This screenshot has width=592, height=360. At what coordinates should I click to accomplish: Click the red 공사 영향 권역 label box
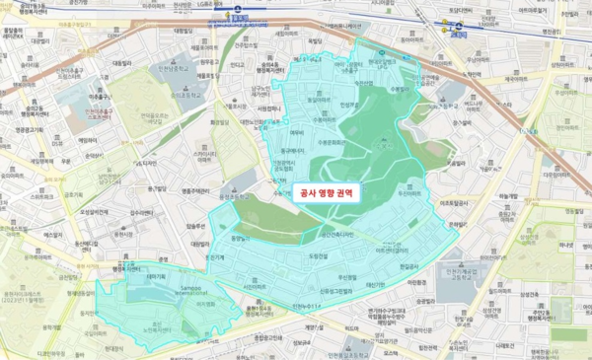[x=326, y=193]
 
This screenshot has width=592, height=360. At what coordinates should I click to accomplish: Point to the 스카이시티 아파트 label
[x=205, y=155]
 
